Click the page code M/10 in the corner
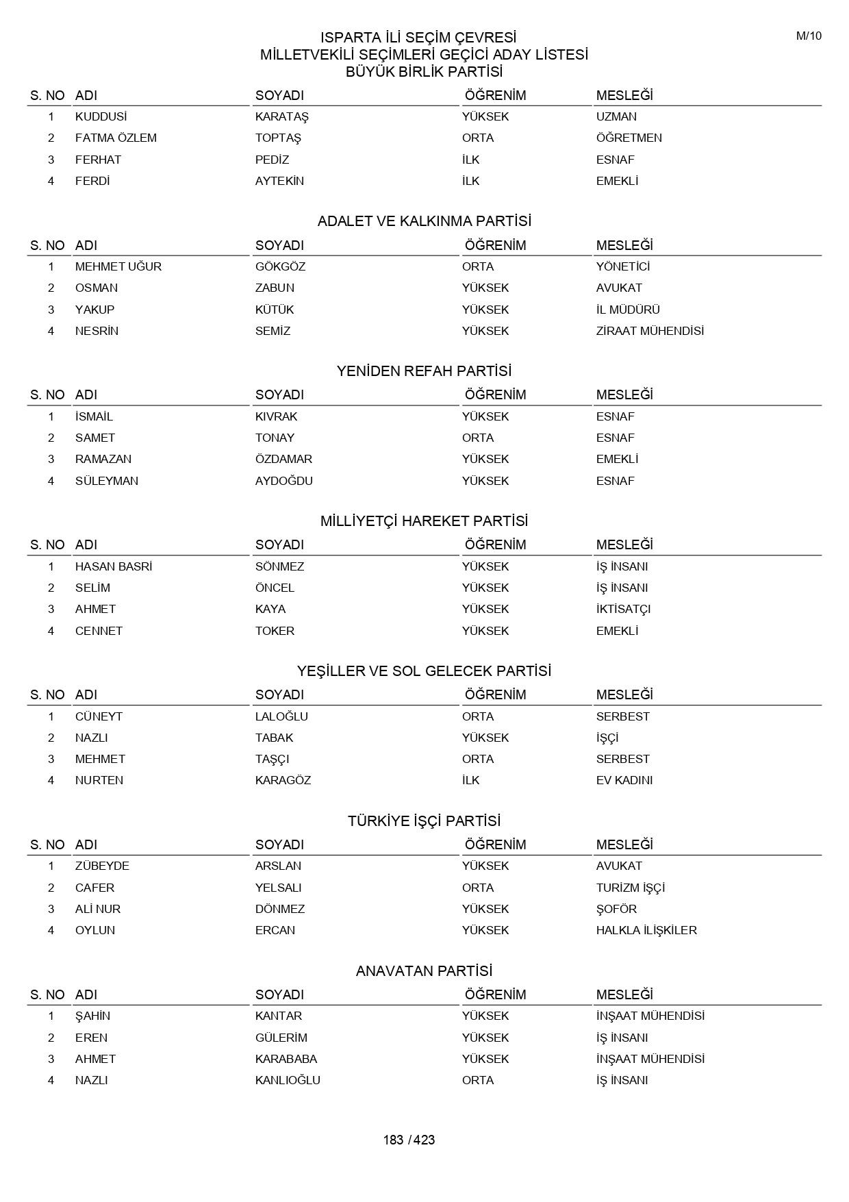pos(808,36)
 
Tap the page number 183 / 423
pos(409,1140)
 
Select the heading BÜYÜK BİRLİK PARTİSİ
pos(424,72)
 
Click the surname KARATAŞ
pos(281,116)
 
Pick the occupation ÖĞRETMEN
pos(629,138)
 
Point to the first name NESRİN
pos(97,331)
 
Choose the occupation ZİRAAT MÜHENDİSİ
pos(650,331)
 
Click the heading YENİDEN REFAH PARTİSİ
pos(424,371)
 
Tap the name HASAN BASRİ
pos(114,566)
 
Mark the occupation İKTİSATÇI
pos(623,609)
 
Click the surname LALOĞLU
pos(281,716)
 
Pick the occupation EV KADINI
pos(624,780)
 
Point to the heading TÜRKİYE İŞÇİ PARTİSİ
pos(424,821)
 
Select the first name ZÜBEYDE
pos(102,866)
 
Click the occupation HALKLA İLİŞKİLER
pos(646,930)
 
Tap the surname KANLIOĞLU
pos(288,1080)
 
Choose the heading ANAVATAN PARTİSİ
pos(424,971)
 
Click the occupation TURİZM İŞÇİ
pos(630,888)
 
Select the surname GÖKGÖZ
pos(280,266)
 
